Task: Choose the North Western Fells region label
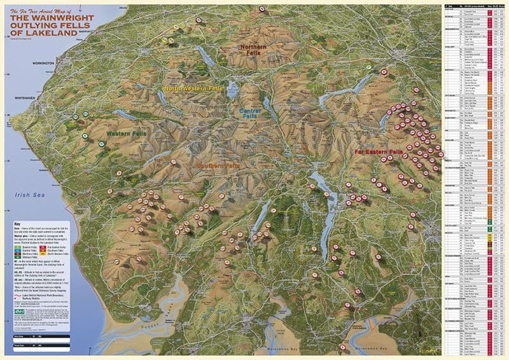click(193, 88)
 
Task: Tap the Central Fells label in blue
click(252, 113)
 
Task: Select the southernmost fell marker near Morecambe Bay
click(344, 348)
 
